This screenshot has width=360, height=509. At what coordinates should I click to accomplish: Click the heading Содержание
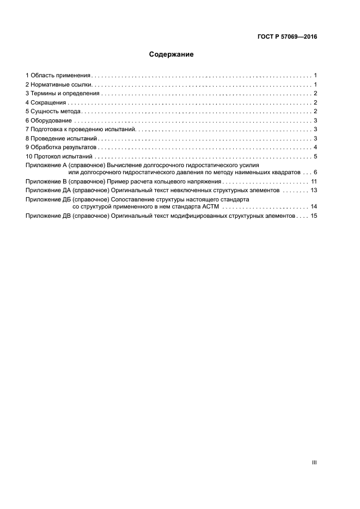171,54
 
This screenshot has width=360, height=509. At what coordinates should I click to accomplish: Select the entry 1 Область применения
58,75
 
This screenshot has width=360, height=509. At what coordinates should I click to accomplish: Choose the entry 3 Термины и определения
62,93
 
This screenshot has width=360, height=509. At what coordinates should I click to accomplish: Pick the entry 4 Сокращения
46,102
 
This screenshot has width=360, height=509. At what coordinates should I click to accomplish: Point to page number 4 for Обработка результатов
315,148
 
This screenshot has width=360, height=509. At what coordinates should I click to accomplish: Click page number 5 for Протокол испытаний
315,157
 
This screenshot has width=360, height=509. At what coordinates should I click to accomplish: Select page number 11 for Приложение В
314,181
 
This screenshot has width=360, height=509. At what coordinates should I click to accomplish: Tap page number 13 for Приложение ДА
314,190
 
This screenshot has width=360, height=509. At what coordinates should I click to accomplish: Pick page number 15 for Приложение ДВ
314,216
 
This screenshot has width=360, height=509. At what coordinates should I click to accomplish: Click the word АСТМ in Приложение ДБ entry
209,207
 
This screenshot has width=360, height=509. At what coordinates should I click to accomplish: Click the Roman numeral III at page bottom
314,462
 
